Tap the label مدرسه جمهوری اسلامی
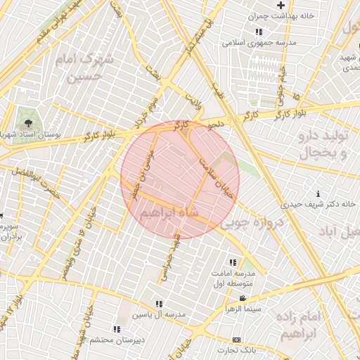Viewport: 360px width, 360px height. [259, 43]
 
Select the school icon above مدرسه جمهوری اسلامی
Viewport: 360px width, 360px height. [259, 32]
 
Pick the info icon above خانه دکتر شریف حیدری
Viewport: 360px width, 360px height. [319, 193]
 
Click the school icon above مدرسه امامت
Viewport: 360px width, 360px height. [233, 262]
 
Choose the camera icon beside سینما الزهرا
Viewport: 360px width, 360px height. [243, 299]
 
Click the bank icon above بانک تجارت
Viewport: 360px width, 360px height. [236, 340]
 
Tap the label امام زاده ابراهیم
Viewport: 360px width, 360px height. [302, 325]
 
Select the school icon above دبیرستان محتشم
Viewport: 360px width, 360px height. [117, 328]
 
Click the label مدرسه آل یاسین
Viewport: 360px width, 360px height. [162, 314]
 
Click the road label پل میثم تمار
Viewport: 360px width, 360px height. [196, 35]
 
